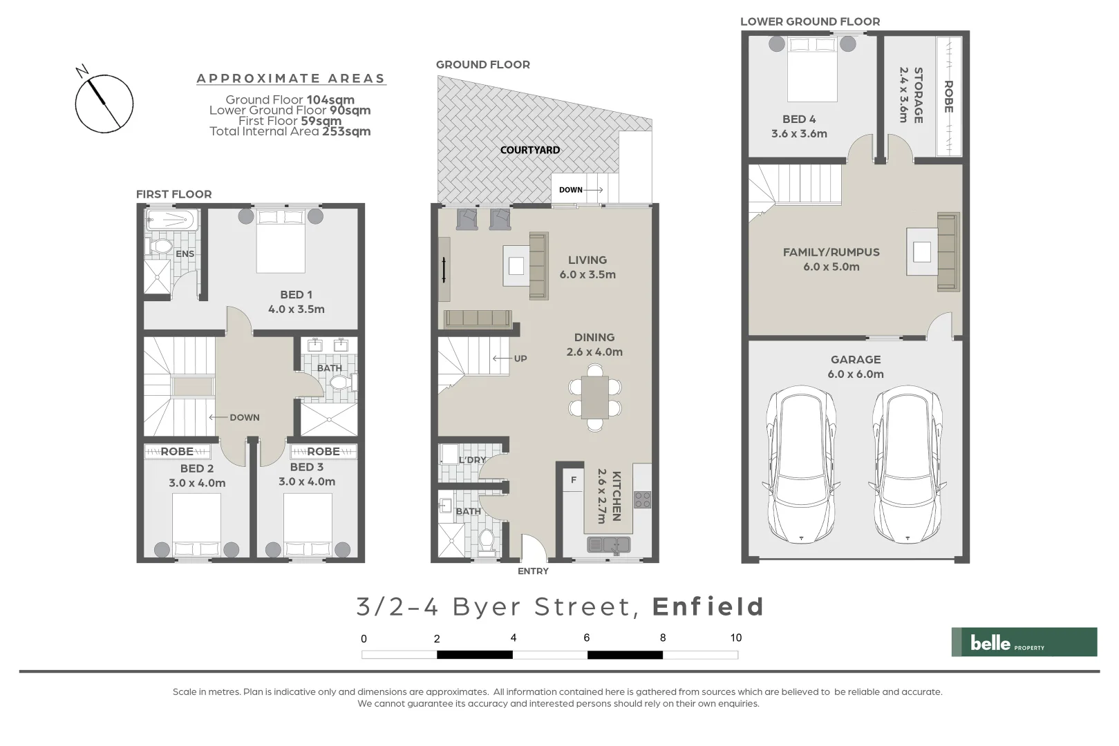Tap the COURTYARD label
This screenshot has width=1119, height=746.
(x=530, y=150)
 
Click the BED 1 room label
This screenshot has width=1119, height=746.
(x=296, y=295)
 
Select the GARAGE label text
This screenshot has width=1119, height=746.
(x=856, y=360)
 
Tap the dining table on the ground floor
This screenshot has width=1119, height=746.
(x=594, y=397)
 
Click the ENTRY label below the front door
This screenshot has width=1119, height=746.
(x=533, y=571)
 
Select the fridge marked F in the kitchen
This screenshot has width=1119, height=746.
(x=573, y=479)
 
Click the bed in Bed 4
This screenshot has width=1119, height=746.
(x=812, y=69)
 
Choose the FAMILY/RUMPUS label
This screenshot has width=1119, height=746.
(x=831, y=252)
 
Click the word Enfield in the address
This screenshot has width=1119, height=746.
(x=708, y=607)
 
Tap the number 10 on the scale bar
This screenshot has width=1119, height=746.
(x=735, y=638)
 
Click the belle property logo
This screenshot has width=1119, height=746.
(x=1024, y=642)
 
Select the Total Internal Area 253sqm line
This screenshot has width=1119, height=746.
(x=290, y=131)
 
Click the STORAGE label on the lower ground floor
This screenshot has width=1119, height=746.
(x=918, y=95)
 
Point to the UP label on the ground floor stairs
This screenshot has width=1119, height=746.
(x=520, y=358)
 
